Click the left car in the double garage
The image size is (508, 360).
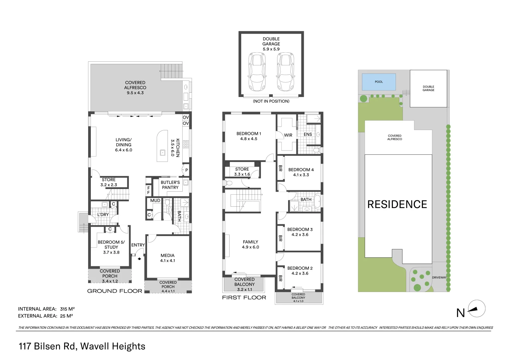pos(257,72)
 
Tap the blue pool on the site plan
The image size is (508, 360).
pos(379,82)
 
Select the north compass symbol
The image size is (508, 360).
pos(476,309)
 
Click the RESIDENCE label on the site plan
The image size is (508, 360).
pos(397,204)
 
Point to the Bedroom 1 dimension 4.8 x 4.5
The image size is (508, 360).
pos(249,139)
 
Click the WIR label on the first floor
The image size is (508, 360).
pos(288,135)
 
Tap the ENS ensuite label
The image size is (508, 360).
pos(308,134)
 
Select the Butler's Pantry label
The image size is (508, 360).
pos(170,185)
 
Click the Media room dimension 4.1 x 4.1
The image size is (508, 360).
pos(167,261)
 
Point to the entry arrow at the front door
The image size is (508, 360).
pos(139,258)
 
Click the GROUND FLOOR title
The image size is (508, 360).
pos(114,291)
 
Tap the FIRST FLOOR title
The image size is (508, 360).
pos(244,297)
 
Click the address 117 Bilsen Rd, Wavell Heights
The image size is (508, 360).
pos(82,346)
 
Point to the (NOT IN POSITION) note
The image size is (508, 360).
pos(271,101)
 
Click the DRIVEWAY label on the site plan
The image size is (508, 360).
pos(439,277)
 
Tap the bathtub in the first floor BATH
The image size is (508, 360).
pos(316,202)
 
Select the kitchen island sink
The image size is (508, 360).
pos(163,153)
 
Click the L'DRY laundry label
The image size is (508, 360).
pos(103,214)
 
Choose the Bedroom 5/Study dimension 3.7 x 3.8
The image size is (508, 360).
pos(111,252)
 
